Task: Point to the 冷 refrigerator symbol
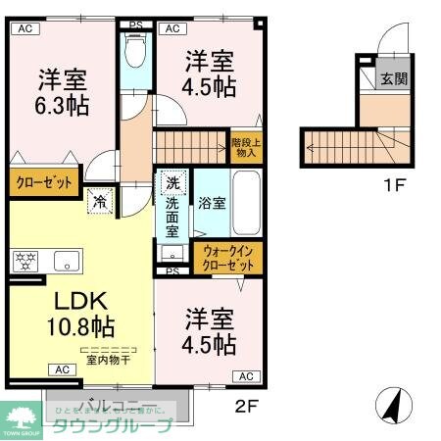101,203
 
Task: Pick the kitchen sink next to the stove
67,262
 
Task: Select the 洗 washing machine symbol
172,183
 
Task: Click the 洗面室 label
172,217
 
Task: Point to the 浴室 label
213,204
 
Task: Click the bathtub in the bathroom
245,201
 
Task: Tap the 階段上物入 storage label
245,146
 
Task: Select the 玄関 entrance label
394,78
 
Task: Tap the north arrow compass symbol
391,403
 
